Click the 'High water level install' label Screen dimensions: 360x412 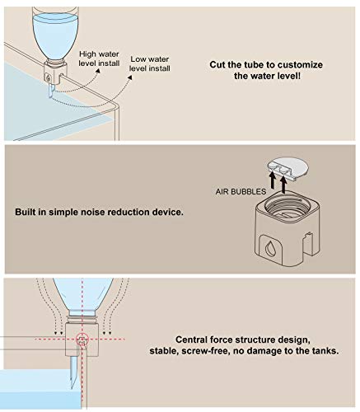coord(99,59)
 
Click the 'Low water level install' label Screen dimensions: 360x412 coord(150,63)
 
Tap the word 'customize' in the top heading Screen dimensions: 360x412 coord(300,65)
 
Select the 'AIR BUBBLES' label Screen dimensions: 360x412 coord(241,191)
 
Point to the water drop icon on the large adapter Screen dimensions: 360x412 coord(269,248)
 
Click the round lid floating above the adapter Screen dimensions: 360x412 coord(288,167)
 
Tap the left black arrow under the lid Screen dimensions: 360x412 coord(272,180)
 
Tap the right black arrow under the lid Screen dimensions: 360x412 coord(283,183)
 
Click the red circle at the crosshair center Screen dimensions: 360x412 coord(82,339)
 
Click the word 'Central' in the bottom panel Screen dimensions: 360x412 coord(191,339)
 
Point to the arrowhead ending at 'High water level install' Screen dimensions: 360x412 coord(97,70)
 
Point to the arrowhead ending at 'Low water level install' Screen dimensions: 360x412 coord(130,77)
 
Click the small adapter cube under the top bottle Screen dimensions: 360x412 coord(55,73)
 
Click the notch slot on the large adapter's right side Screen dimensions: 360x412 coord(307,243)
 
